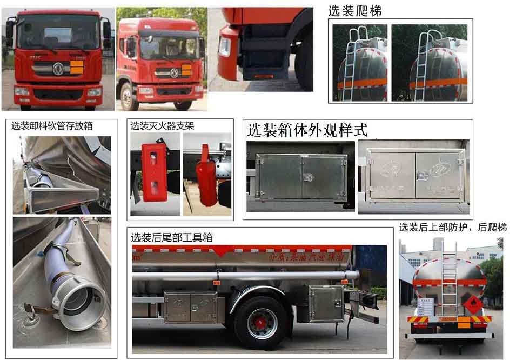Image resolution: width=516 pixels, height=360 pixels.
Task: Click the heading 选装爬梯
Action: pyautogui.click(x=359, y=10)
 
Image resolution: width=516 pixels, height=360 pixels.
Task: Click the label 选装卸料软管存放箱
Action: pyautogui.click(x=52, y=126)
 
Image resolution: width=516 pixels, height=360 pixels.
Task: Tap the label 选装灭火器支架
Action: pyautogui.click(x=162, y=126)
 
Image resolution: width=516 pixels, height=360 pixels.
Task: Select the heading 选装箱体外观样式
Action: pyautogui.click(x=307, y=130)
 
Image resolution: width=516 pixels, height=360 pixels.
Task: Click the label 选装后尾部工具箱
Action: pyautogui.click(x=172, y=237)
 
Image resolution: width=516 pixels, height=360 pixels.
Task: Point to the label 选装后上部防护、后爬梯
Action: pyautogui.click(x=453, y=228)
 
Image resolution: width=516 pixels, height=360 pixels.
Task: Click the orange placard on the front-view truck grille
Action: pyautogui.click(x=76, y=68)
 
